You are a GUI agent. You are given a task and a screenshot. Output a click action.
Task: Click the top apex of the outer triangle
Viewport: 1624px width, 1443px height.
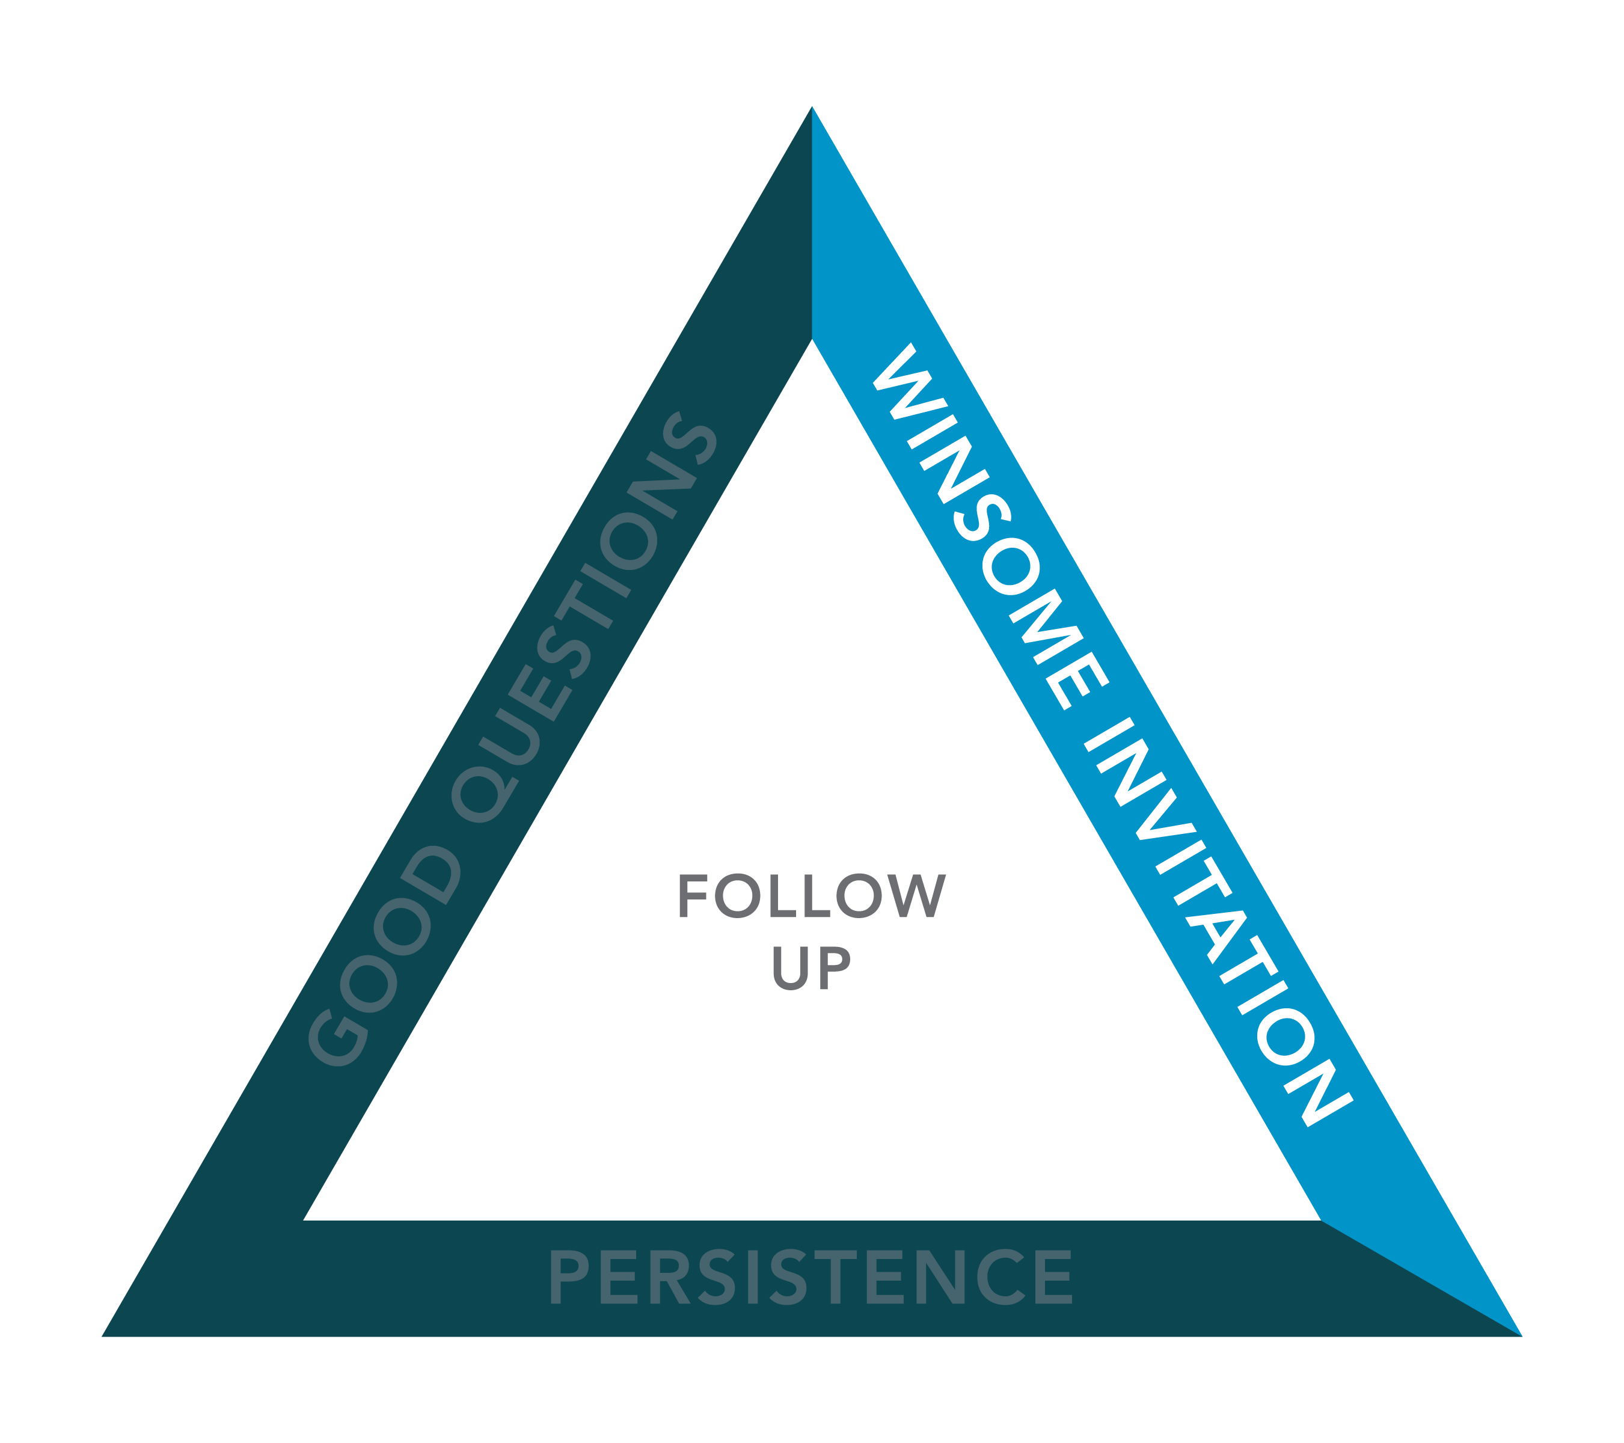coord(811,106)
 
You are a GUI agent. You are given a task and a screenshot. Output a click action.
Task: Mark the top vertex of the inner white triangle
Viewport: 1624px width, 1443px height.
coord(811,339)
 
